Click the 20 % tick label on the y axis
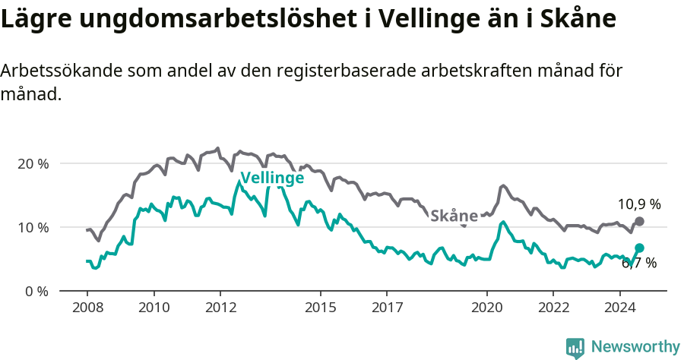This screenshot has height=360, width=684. pyautogui.click(x=32, y=163)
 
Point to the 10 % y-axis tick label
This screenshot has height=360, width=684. pyautogui.click(x=32, y=227)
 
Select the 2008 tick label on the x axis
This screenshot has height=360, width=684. pyautogui.click(x=87, y=308)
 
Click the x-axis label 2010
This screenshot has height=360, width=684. pyautogui.click(x=154, y=308)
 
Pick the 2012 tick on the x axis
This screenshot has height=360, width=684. pyautogui.click(x=220, y=308)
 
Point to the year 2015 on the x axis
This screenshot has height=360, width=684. pyautogui.click(x=320, y=308)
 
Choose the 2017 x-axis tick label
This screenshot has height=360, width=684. pyautogui.click(x=386, y=308)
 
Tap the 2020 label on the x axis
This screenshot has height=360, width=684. pyautogui.click(x=486, y=308)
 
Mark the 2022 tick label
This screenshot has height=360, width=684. pyautogui.click(x=553, y=308)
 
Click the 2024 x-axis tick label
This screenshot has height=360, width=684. pyautogui.click(x=619, y=308)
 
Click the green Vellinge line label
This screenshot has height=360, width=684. pyautogui.click(x=272, y=178)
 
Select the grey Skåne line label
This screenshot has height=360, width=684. pyautogui.click(x=454, y=216)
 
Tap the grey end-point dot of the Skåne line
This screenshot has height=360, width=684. pyautogui.click(x=639, y=221)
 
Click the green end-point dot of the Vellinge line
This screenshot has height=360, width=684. pyautogui.click(x=639, y=248)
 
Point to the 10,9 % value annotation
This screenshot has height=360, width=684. pyautogui.click(x=638, y=204)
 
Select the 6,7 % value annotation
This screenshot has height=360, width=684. pyautogui.click(x=638, y=264)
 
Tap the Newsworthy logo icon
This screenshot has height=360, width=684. pyautogui.click(x=575, y=347)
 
